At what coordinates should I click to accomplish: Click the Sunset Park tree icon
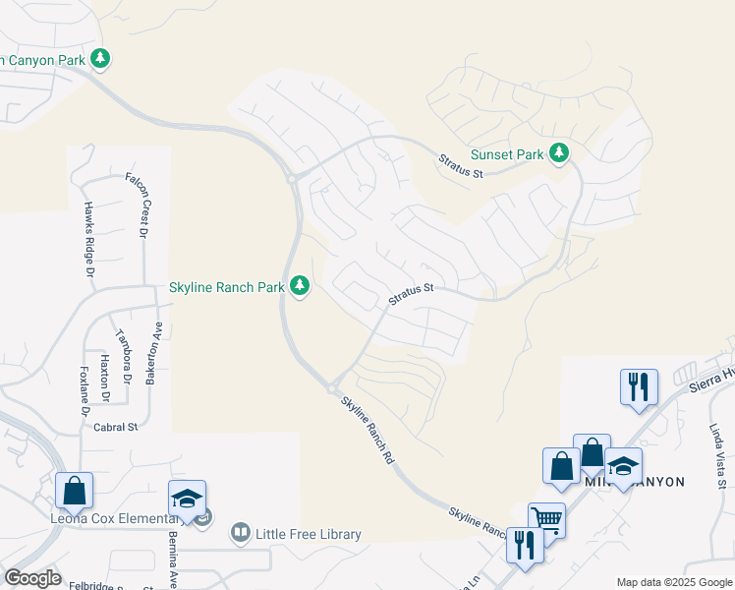[x=559, y=153]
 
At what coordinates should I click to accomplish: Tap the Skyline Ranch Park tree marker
[x=301, y=286]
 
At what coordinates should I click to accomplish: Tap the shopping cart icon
[x=546, y=518]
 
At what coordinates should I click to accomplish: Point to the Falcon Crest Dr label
[x=137, y=205]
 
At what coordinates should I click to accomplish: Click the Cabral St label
[x=116, y=427]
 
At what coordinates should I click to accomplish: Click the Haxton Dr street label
[x=104, y=375]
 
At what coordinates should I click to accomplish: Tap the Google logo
[x=32, y=578]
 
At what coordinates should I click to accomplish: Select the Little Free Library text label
[x=309, y=534]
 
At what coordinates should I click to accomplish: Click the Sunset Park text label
[x=507, y=154]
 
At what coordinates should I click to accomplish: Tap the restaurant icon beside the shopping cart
[x=525, y=545]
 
